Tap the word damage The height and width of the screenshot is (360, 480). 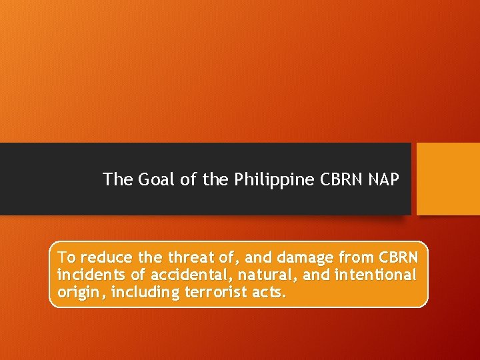[x=309, y=257]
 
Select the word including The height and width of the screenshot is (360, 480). [x=136, y=293]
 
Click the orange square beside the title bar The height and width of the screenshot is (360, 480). [x=448, y=179]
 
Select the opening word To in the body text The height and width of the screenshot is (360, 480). [x=67, y=257]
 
